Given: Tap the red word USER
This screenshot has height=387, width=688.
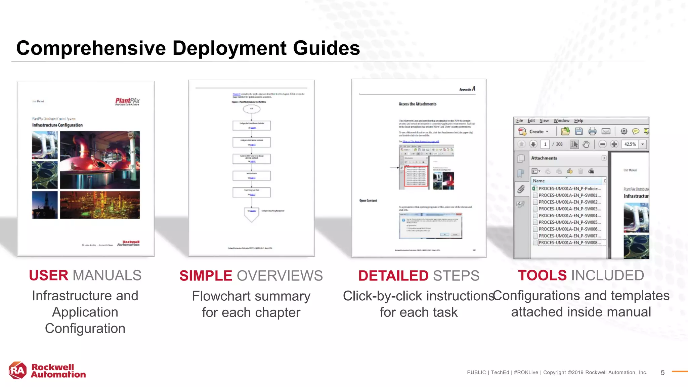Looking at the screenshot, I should [x=49, y=275].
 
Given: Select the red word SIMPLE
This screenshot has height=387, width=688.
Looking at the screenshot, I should [x=206, y=276].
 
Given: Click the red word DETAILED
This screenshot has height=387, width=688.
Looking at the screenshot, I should [x=393, y=276].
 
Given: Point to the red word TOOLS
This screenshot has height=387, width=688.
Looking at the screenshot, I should [x=542, y=275].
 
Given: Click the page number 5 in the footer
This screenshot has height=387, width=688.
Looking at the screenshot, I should [x=662, y=373].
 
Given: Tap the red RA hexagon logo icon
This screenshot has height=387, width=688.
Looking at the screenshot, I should [x=17, y=371].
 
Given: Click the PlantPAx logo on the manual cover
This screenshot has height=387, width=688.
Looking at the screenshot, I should [x=127, y=101].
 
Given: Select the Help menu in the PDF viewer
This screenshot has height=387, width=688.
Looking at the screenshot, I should [x=578, y=121].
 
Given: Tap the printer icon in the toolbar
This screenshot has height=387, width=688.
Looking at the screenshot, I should [x=592, y=131].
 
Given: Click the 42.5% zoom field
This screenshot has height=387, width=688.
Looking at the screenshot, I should [x=630, y=144].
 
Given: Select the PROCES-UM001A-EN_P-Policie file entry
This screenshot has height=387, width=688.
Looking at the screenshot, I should [x=569, y=189].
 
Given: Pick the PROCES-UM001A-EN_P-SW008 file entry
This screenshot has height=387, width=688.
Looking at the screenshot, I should [x=569, y=243].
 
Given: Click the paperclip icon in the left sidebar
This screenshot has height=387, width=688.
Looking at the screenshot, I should [x=521, y=189].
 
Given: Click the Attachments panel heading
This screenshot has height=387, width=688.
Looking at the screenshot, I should [x=544, y=158].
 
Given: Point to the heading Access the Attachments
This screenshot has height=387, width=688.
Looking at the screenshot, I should [x=417, y=104].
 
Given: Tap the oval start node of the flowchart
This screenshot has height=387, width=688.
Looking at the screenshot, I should [x=251, y=109].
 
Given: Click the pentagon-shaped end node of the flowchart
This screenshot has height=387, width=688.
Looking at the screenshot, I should [x=251, y=214].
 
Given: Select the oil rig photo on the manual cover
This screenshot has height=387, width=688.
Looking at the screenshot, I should [x=45, y=205].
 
